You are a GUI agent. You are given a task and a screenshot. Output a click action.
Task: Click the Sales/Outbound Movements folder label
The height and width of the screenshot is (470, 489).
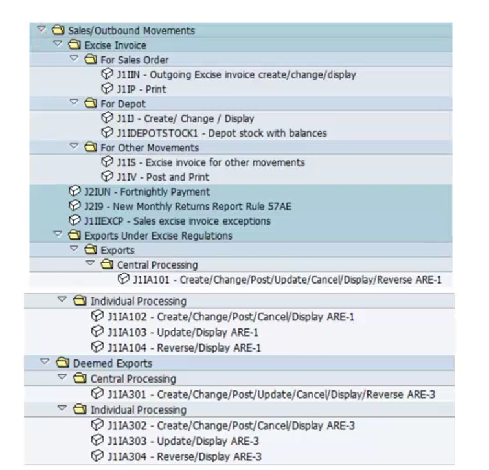pos(131,30)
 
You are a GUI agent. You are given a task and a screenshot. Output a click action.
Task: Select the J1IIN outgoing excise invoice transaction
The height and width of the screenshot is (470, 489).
pos(236,75)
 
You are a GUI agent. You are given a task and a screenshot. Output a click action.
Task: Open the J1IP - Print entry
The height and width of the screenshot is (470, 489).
pos(141,89)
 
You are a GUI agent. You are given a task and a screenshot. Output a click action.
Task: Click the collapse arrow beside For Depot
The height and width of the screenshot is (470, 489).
pos(74,102)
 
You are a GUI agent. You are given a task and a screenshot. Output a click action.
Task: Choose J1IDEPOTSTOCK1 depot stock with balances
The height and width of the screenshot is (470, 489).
pos(222,133)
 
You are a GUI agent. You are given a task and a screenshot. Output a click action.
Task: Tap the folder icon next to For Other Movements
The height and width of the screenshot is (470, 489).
pos(91,147)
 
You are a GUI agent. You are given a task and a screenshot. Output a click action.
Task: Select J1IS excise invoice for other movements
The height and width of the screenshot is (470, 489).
pos(210,162)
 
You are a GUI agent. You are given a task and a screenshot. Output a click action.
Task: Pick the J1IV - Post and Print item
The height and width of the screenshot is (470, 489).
pos(163,177)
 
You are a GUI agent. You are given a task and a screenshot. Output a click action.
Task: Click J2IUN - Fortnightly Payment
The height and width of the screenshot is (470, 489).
pos(147,192)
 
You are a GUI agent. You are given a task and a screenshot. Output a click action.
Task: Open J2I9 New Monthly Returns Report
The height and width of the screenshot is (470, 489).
pos(188,207)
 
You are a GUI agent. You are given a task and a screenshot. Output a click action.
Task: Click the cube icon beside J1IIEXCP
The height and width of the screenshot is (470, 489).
pos(74,220)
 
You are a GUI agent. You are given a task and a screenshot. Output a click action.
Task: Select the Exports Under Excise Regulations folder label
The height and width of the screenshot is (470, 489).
pos(159,236)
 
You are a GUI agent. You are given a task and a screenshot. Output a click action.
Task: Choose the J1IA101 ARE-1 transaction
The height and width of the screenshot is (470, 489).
pos(287,280)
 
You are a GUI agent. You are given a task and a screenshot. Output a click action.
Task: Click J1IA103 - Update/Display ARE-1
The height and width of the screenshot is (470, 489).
pos(183,333)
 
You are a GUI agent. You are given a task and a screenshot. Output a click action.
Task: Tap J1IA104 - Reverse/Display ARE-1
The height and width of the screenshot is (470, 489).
pos(184,348)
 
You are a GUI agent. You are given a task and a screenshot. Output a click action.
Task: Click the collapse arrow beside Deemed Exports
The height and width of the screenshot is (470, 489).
pos(45,361)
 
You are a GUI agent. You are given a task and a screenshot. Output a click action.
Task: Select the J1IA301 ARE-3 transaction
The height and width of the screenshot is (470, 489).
pos(271,394)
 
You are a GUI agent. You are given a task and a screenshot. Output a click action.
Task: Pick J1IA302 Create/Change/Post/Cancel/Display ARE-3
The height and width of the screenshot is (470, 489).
pos(231,426)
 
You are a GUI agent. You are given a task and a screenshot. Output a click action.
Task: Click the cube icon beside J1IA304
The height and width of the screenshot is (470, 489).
pos(97,456)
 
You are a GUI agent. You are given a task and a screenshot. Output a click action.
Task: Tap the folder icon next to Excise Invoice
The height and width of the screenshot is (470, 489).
pos(74,44)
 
